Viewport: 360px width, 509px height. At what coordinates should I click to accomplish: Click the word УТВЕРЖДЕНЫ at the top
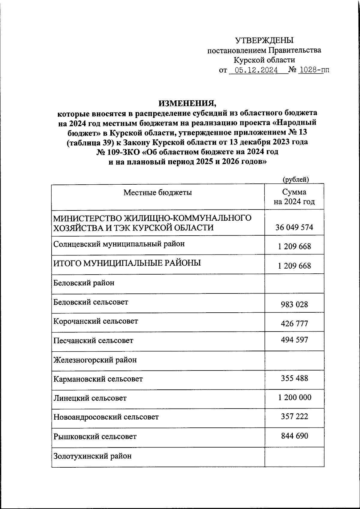pyautogui.click(x=264, y=40)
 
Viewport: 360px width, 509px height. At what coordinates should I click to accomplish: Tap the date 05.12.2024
pyautogui.click(x=256, y=70)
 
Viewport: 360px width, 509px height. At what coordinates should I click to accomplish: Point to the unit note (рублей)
pyautogui.click(x=296, y=179)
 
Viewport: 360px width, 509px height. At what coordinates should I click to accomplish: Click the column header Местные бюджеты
pyautogui.click(x=158, y=192)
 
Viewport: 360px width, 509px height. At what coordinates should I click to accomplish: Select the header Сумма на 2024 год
pyautogui.click(x=294, y=197)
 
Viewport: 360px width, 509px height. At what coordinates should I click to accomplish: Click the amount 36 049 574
pyautogui.click(x=294, y=228)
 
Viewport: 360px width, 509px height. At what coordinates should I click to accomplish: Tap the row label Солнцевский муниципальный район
pyautogui.click(x=119, y=244)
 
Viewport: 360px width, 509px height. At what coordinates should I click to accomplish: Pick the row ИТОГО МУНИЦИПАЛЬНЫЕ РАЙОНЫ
pyautogui.click(x=127, y=263)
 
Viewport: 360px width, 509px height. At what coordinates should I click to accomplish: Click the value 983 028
pyautogui.click(x=294, y=305)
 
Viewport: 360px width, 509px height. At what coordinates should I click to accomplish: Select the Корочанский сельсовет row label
pyautogui.click(x=96, y=321)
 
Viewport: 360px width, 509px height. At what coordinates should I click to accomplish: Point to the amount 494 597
pyautogui.click(x=294, y=340)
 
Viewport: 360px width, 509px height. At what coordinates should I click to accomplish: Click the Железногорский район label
pyautogui.click(x=95, y=360)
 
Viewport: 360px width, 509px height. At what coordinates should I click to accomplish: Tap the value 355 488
pyautogui.click(x=294, y=378)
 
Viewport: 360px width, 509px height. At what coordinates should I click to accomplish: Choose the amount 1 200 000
pyautogui.click(x=294, y=397)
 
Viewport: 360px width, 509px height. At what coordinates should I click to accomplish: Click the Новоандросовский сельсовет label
pyautogui.click(x=106, y=417)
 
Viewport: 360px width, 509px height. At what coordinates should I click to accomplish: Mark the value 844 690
pyautogui.click(x=294, y=436)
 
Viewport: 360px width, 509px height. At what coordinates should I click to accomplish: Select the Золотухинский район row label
pyautogui.click(x=92, y=456)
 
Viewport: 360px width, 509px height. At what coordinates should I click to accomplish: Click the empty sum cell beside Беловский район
pyautogui.click(x=294, y=283)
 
